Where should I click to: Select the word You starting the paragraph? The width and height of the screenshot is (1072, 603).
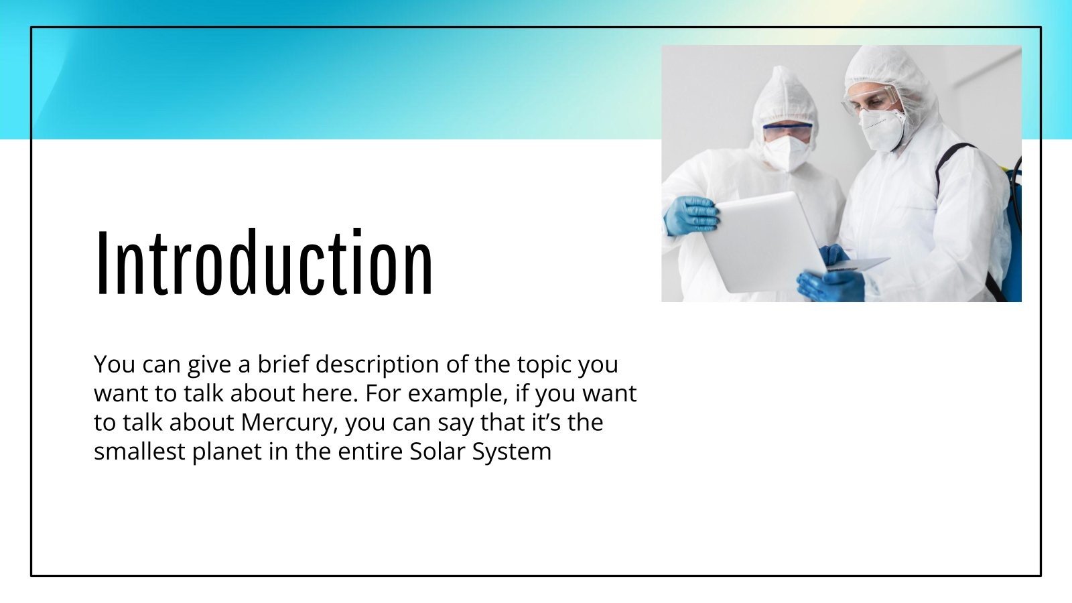[115, 365]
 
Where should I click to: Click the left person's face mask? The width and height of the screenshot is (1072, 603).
[786, 153]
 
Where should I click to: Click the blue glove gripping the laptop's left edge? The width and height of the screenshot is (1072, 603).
[691, 216]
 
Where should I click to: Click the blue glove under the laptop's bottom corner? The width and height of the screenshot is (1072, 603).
[831, 284]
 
